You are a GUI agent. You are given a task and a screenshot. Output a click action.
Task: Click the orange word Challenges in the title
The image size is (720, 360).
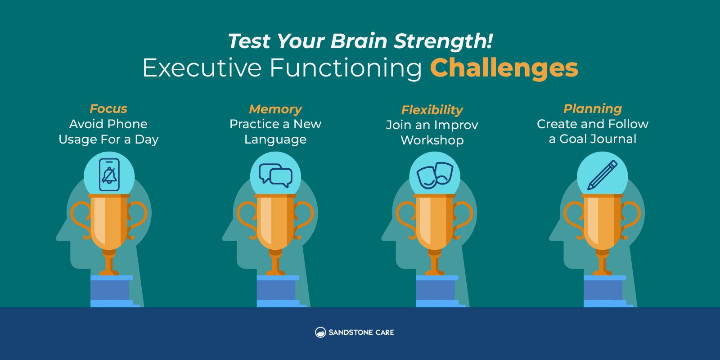tap(504, 68)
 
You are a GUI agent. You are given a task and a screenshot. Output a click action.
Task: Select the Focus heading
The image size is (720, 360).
tap(108, 108)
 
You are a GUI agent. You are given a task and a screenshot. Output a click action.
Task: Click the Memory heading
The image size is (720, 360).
tap(275, 109)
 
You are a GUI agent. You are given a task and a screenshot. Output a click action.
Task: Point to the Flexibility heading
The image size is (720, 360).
tap(432, 110)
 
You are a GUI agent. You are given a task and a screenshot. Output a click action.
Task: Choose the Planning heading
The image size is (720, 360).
tap(593, 108)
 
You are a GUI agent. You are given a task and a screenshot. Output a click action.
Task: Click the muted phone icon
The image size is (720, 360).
tap(109, 175)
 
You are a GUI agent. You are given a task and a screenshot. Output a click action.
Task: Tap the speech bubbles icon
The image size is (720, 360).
tap(275, 175)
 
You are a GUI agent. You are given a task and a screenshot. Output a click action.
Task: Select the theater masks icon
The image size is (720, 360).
tap(435, 175)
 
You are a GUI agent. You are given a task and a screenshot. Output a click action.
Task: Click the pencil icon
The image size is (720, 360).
tap(603, 175)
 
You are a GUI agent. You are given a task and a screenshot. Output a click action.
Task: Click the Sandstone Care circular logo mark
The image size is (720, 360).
tap(320, 333)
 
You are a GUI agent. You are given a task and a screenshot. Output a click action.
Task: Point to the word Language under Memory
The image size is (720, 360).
tap(275, 139)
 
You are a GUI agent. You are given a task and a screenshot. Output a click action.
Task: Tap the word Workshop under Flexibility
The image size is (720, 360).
tap(432, 140)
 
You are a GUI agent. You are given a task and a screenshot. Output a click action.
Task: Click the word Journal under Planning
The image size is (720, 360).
tap(613, 139)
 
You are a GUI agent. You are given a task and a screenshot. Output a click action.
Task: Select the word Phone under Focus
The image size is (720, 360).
tap(128, 124)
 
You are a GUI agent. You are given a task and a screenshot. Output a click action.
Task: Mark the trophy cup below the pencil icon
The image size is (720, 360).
tap(602, 234)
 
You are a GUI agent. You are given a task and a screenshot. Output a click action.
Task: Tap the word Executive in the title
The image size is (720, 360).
tap(202, 68)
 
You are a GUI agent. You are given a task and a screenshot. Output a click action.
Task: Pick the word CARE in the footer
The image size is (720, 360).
tap(384, 333)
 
